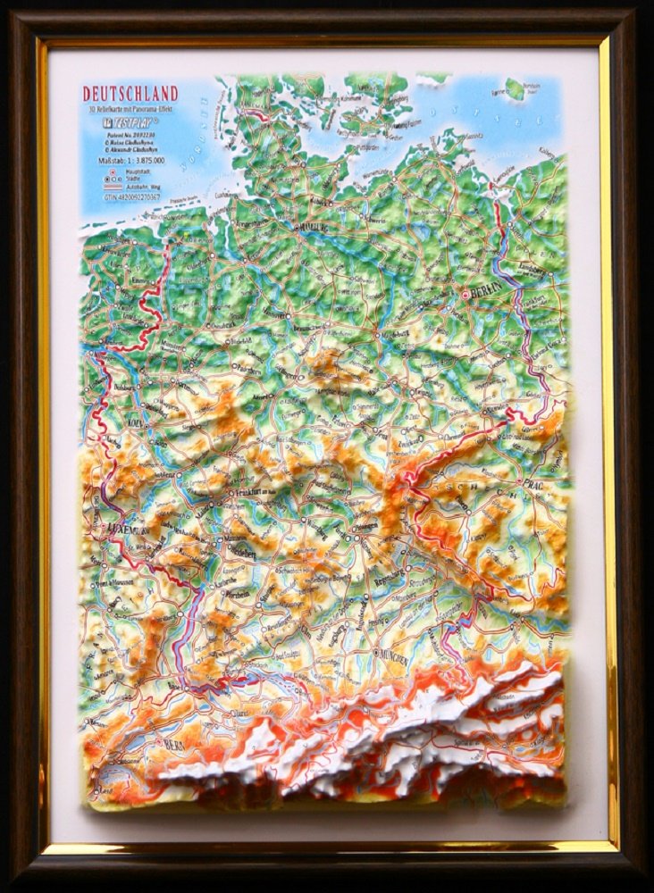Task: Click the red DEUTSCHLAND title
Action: [x=130, y=94]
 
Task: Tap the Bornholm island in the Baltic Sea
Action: [x=515, y=88]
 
